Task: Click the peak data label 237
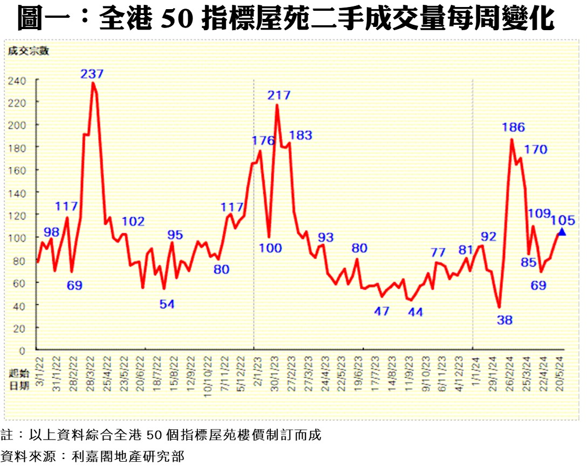coord(92,74)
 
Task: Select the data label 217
coord(279,95)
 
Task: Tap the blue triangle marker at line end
coord(561,231)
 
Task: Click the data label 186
coord(513,128)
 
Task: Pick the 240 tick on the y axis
coord(17,80)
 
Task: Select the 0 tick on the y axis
coord(22,351)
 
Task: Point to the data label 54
coord(167,304)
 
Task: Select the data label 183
coord(301,135)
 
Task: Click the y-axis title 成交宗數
coord(28,51)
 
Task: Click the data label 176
coord(263,141)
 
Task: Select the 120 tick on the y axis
coord(17,215)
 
